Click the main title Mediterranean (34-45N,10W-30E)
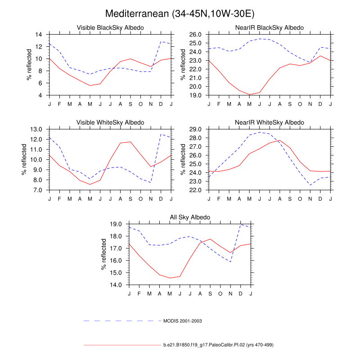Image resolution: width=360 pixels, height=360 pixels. click(x=180, y=13)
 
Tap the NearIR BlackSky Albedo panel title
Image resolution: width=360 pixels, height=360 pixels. click(x=270, y=28)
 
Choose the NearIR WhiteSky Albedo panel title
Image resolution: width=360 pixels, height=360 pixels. click(x=270, y=122)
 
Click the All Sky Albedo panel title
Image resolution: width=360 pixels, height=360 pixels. click(x=190, y=218)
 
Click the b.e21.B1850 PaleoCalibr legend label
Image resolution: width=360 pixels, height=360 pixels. click(x=218, y=345)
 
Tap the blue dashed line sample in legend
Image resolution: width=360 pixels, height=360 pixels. click(x=121, y=321)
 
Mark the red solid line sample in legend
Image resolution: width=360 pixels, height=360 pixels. click(x=121, y=345)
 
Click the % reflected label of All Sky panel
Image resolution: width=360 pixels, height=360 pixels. click(x=105, y=254)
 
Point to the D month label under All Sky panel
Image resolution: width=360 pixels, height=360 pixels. click(x=241, y=294)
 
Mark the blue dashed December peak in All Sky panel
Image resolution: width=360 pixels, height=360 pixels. click(x=241, y=224)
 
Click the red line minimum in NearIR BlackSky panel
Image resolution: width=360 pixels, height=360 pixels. click(x=249, y=94)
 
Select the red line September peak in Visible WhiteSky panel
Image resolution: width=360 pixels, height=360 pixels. click(x=130, y=142)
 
